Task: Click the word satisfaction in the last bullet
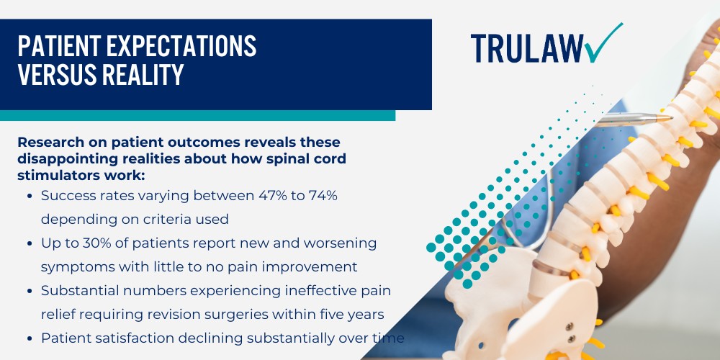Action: [132, 337]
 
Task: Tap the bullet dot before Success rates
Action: [28, 196]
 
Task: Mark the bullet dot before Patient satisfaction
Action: [28, 338]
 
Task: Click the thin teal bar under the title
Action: [197, 115]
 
